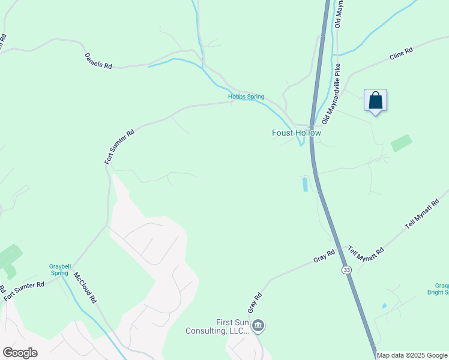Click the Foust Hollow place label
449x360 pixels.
pyautogui.click(x=297, y=133)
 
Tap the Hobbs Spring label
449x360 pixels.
pyautogui.click(x=246, y=97)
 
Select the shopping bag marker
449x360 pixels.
pyautogui.click(x=375, y=100)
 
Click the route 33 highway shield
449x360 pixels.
pyautogui.click(x=346, y=270)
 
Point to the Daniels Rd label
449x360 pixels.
pyautogui.click(x=98, y=61)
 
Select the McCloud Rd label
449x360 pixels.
pyautogui.click(x=85, y=287)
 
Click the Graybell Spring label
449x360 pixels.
pyautogui.click(x=59, y=269)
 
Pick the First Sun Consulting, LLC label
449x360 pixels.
pyautogui.click(x=232, y=326)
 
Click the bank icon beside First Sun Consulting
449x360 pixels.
pyautogui.click(x=258, y=326)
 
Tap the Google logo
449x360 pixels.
pyautogui.click(x=20, y=353)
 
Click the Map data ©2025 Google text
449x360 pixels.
pyautogui.click(x=412, y=355)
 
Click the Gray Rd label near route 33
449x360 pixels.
pyautogui.click(x=324, y=257)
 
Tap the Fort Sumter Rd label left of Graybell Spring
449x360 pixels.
pyautogui.click(x=24, y=292)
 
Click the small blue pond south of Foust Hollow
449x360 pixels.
pyautogui.click(x=305, y=184)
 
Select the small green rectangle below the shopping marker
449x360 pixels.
pyautogui.click(x=402, y=143)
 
